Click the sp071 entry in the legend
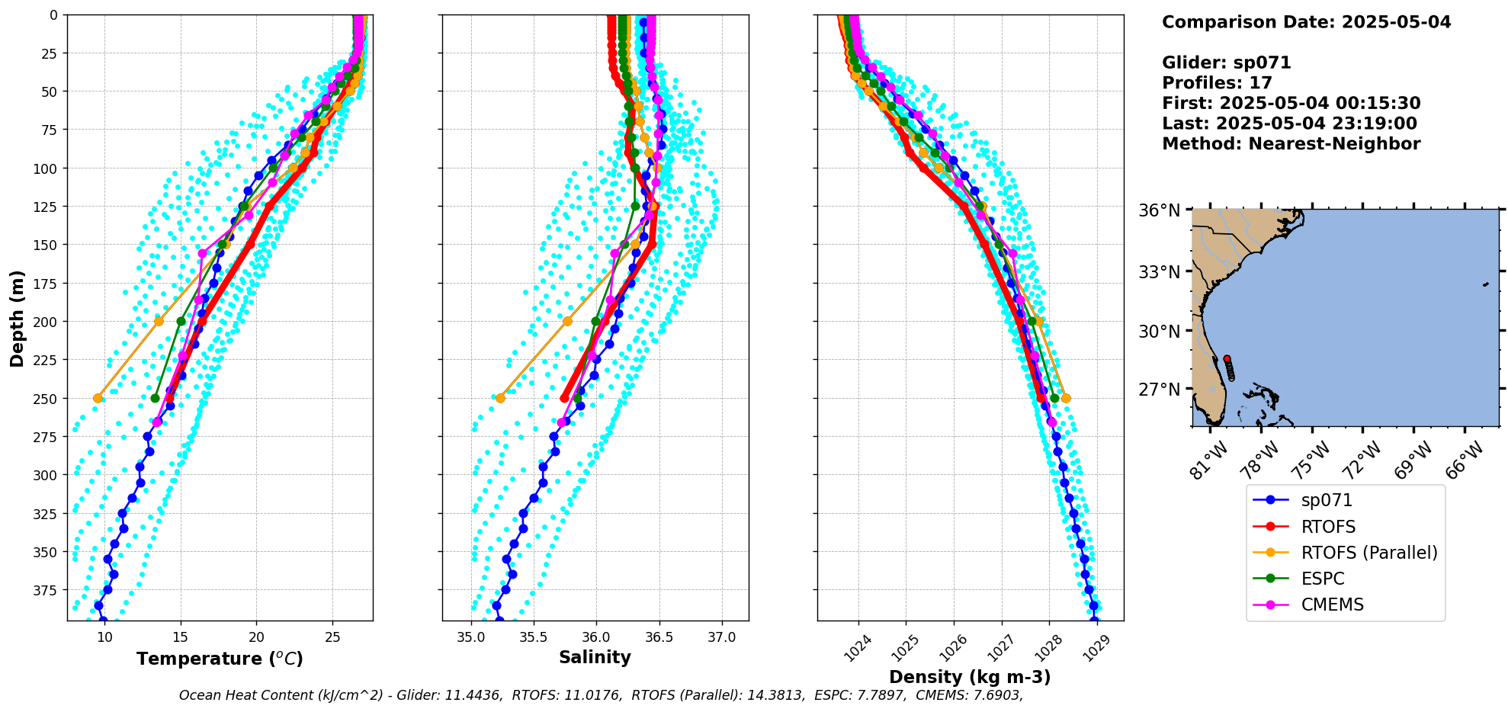pyautogui.click(x=1327, y=501)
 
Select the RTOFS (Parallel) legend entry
pyautogui.click(x=1369, y=553)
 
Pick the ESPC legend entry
pyautogui.click(x=1323, y=579)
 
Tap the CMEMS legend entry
pyautogui.click(x=1332, y=605)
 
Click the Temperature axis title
pyautogui.click(x=220, y=659)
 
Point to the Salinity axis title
pyautogui.click(x=595, y=658)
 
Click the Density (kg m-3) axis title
pyautogui.click(x=970, y=677)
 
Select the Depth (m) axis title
pyautogui.click(x=17, y=318)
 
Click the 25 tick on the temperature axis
pyautogui.click(x=332, y=637)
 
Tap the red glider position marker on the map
pyautogui.click(x=1227, y=358)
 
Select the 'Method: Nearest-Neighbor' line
pyautogui.click(x=1291, y=144)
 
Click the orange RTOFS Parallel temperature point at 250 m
pyautogui.click(x=98, y=398)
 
